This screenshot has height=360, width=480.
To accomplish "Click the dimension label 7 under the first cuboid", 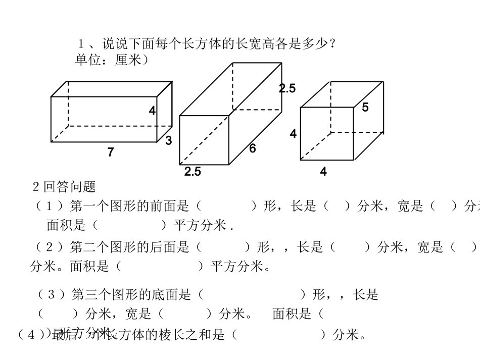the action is [x=111, y=152].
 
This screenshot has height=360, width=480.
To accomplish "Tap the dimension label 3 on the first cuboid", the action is [x=169, y=141].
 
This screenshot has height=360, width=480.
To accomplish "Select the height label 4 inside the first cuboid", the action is [x=152, y=111].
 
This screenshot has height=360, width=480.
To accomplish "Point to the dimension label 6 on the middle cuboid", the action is [x=253, y=148].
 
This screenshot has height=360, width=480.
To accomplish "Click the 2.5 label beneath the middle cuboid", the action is [x=193, y=172].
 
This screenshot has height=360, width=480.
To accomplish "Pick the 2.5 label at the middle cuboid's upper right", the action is [x=287, y=89].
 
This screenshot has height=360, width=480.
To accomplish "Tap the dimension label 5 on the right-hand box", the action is [x=365, y=107].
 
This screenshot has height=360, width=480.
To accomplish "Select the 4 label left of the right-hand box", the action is [x=293, y=134].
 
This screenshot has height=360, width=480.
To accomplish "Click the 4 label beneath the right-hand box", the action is [x=323, y=172].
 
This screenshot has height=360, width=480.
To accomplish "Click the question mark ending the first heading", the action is [x=332, y=44].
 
